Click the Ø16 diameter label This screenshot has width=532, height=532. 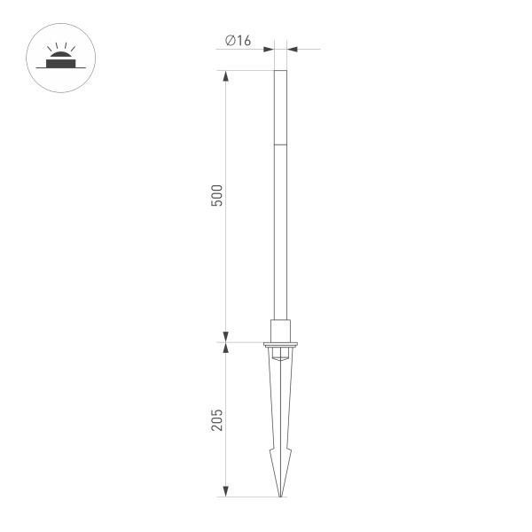[239, 40]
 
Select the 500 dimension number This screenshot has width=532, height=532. [217, 196]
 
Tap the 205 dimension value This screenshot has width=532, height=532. [217, 419]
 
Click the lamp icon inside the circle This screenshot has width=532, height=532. [60, 61]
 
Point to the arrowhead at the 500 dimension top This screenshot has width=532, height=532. [225, 76]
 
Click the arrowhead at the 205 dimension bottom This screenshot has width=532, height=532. [225, 490]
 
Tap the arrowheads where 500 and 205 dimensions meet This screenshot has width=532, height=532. [225, 340]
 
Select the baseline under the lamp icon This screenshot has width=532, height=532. [60, 70]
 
